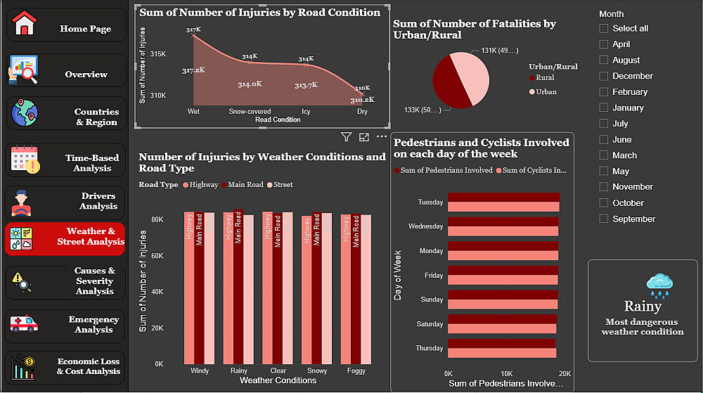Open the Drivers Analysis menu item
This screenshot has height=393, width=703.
pyautogui.click(x=66, y=202)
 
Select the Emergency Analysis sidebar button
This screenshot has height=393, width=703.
pyautogui.click(x=66, y=325)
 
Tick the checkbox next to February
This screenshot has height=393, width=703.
pyautogui.click(x=604, y=92)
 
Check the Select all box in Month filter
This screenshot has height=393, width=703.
pyautogui.click(x=604, y=29)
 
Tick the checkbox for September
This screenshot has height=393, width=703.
pyautogui.click(x=604, y=219)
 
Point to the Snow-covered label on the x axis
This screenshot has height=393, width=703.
pyautogui.click(x=250, y=112)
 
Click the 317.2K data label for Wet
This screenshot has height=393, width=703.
pyautogui.click(x=193, y=70)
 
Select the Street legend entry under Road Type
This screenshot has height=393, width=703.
pyautogui.click(x=283, y=185)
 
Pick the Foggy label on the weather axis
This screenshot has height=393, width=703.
pyautogui.click(x=356, y=371)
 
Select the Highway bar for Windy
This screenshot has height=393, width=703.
pyautogui.click(x=189, y=288)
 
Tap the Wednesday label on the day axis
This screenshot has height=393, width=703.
pyautogui.click(x=426, y=227)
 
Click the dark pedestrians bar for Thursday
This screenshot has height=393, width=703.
pyautogui.click(x=501, y=343)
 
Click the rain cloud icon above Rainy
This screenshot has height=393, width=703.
pyautogui.click(x=660, y=285)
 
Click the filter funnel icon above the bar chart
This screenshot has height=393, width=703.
pyautogui.click(x=346, y=137)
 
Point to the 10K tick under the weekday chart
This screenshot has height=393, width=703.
pyautogui.click(x=506, y=373)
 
